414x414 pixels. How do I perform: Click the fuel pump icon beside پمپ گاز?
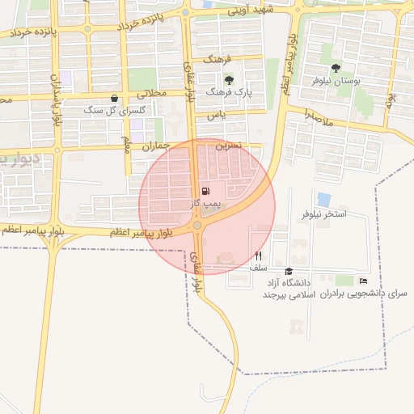click(x=203, y=191)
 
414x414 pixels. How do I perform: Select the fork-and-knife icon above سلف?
click(x=258, y=255)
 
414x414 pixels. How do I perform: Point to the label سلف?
click(x=258, y=267)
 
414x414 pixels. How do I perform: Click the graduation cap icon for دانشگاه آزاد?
click(x=289, y=272)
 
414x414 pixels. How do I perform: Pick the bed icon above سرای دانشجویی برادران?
click(x=363, y=281)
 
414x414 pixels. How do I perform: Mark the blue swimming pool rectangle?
click(x=324, y=199)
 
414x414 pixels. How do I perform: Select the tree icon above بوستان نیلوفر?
click(x=336, y=68)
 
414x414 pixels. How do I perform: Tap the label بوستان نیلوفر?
click(x=335, y=82)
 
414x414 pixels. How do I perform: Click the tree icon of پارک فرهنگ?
click(x=230, y=79)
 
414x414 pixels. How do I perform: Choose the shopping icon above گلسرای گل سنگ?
click(x=113, y=98)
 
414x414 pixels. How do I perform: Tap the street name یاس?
click(x=215, y=116)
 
